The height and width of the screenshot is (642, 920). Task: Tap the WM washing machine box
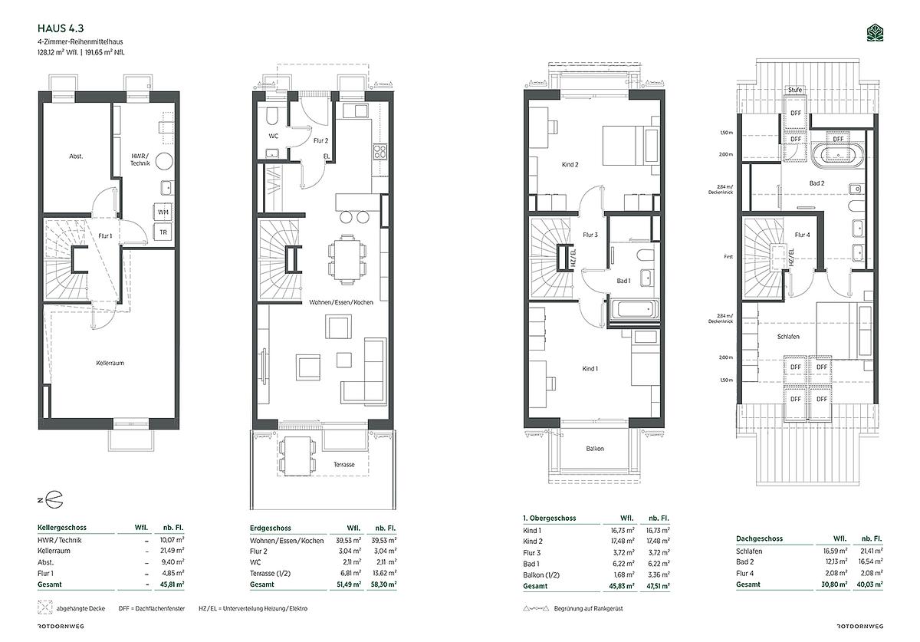coord(163,212)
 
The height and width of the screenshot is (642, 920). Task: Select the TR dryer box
coord(163,232)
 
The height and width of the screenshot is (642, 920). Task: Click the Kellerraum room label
coord(110,363)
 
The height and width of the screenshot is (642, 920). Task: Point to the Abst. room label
coord(76,156)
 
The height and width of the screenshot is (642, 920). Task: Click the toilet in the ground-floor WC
coord(272,117)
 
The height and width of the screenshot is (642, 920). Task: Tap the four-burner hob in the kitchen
coord(380,152)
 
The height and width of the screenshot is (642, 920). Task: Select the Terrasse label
coord(344,465)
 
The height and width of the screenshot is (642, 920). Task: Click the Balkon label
coord(595,449)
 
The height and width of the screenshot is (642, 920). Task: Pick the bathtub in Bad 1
coord(635,308)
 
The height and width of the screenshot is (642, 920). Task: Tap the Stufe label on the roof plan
coord(795,90)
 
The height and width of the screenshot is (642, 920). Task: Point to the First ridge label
coord(728,257)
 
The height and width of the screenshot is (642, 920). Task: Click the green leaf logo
coord(875,33)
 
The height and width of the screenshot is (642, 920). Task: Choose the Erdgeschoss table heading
coord(270,528)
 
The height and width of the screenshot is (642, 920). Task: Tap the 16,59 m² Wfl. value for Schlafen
coord(836,551)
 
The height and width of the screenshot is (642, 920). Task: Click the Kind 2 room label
coord(570,164)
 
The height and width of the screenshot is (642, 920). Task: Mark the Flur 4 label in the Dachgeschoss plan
coord(802,235)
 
